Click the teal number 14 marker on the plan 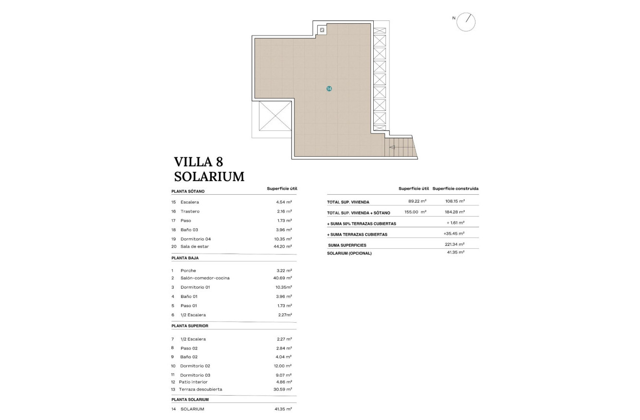pyautogui.click(x=329, y=89)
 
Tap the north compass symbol pyautogui.click(x=466, y=22)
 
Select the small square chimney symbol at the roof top pyautogui.click(x=322, y=31)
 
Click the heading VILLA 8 pyautogui.click(x=198, y=162)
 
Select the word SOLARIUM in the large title pyautogui.click(x=209, y=177)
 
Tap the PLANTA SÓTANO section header pyautogui.click(x=188, y=191)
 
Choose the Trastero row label pyautogui.click(x=190, y=211)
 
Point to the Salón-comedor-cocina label pyautogui.click(x=205, y=278)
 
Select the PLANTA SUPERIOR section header pyautogui.click(x=190, y=326)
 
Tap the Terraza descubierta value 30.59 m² pyautogui.click(x=282, y=389)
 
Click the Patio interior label pyautogui.click(x=193, y=382)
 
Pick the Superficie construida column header pyautogui.click(x=455, y=188)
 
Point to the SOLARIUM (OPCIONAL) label pyautogui.click(x=349, y=253)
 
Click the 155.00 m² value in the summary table pyautogui.click(x=415, y=212)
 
